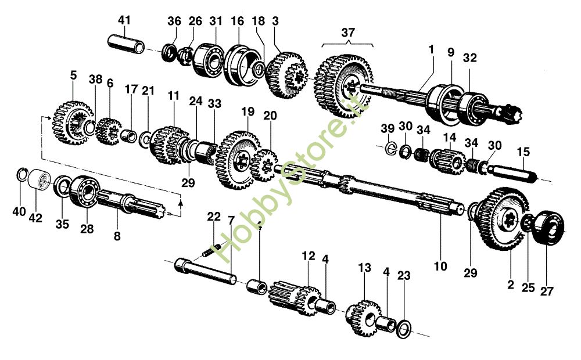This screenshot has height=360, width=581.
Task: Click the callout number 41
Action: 124,20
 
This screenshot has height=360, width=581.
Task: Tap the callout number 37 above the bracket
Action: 347,33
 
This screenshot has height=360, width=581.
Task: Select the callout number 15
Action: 523,152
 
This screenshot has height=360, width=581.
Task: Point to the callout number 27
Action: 547,291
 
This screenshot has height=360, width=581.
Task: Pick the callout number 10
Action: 440,267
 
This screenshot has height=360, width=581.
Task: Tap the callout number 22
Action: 214,217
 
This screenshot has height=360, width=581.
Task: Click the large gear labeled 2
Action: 501,219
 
